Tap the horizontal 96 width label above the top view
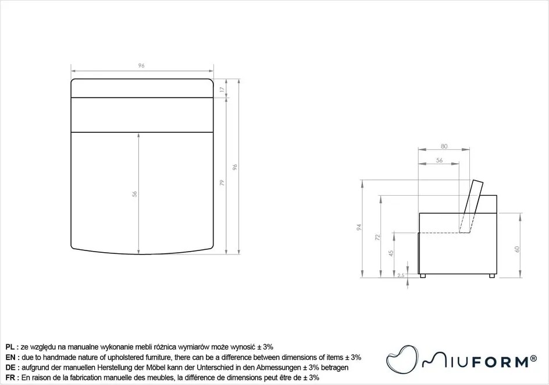click(141, 66)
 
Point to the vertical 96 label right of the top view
click(235, 167)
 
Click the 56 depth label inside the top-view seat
click(135, 194)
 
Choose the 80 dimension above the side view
click(444, 146)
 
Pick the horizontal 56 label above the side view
click(439, 160)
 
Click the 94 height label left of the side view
click(359, 227)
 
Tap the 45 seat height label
click(391, 253)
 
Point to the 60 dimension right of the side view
click(516, 249)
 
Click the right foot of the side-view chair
click(492, 275)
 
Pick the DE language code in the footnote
click(10, 368)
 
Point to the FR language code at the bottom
click(10, 378)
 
